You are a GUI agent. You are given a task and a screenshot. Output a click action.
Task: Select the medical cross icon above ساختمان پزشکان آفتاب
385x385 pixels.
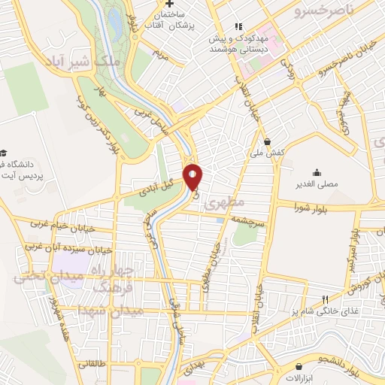coord(171,4)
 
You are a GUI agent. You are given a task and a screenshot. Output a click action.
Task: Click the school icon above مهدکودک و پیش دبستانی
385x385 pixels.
coord(238,27)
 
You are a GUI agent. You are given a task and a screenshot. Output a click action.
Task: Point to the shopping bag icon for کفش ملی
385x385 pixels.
coord(268,141)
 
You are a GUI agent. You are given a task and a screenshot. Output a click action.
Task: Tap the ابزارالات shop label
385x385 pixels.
coord(299,376)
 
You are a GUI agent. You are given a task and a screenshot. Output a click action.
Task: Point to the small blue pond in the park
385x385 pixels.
coord(116,26)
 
